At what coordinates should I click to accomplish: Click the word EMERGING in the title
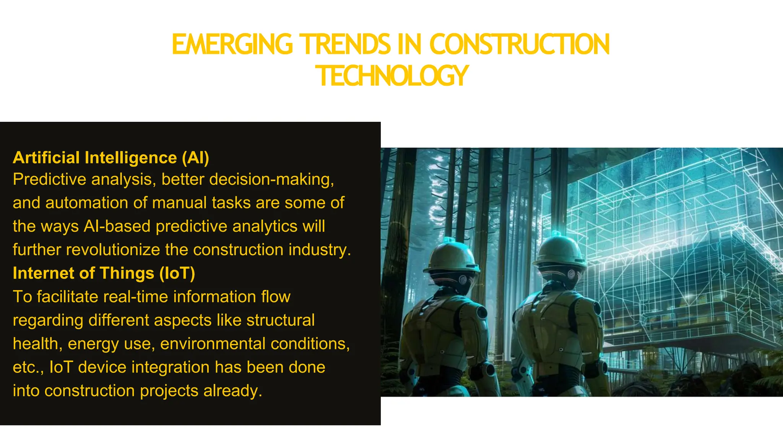[x=232, y=44]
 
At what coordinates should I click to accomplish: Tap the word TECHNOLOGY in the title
[x=392, y=76]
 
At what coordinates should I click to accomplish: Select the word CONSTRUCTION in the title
[x=520, y=44]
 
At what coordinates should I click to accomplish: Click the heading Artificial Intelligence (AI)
[x=111, y=158]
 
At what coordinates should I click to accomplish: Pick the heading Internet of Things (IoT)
[x=104, y=273]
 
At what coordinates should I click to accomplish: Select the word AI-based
[x=117, y=226]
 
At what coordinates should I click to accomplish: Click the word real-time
[x=133, y=297]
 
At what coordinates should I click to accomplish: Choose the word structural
[x=280, y=320]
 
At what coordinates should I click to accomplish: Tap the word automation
[x=86, y=203]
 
